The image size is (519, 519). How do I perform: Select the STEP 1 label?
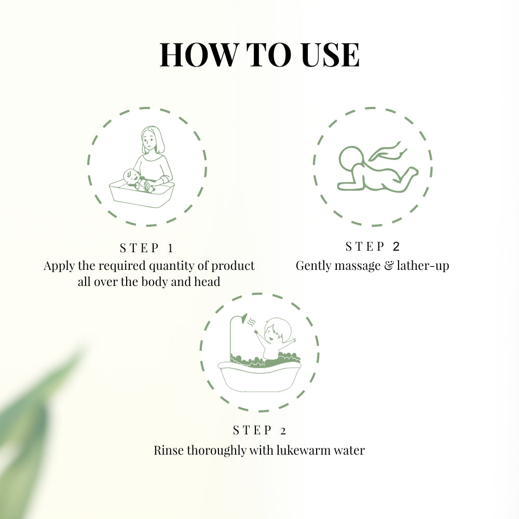pyautogui.click(x=147, y=248)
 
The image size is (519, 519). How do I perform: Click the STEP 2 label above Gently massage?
pyautogui.click(x=373, y=246)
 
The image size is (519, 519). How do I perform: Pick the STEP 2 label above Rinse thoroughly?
pyautogui.click(x=259, y=430)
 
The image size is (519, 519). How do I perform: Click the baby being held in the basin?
pyautogui.click(x=134, y=179)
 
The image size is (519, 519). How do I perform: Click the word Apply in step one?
pyautogui.click(x=59, y=266)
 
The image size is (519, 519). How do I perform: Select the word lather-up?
pyautogui.click(x=424, y=266)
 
